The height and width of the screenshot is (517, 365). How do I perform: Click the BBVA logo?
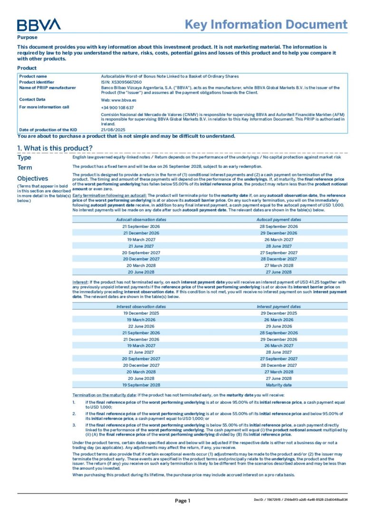point(39,25)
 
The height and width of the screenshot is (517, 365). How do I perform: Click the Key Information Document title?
point(266,25)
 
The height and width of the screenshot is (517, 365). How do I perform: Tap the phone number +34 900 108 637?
point(117,107)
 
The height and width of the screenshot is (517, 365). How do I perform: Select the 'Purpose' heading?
point(27,38)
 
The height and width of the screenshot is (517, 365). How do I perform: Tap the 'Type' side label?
point(24,157)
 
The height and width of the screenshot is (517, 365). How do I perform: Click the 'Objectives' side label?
point(32,178)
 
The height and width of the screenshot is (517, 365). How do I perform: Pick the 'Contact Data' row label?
point(32,99)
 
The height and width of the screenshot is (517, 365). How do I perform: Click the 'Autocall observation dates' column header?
point(141,220)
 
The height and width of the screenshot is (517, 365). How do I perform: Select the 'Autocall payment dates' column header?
point(279,220)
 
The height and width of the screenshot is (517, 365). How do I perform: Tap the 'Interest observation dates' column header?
point(141,307)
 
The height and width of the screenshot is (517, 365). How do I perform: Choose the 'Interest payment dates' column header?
point(279,307)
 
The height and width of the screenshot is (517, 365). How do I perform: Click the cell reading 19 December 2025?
point(141,313)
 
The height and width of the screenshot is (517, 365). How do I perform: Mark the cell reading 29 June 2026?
point(279,326)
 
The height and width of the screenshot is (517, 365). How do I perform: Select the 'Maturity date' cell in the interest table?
point(279,385)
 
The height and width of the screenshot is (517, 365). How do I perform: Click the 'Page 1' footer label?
point(182,500)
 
